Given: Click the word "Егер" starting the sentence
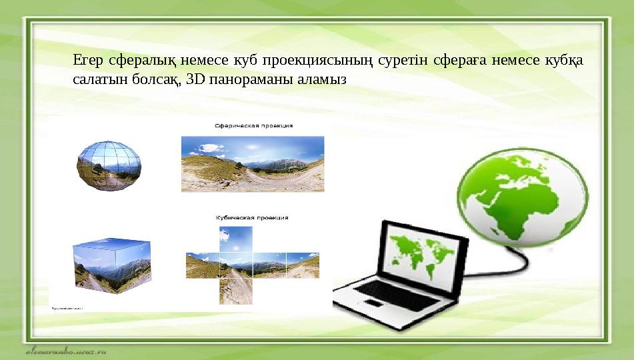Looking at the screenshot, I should [85, 61].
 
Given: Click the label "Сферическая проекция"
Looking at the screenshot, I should [253, 125].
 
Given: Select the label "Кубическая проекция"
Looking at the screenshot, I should [252, 217].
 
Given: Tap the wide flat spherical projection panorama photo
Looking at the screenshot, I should [253, 163].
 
